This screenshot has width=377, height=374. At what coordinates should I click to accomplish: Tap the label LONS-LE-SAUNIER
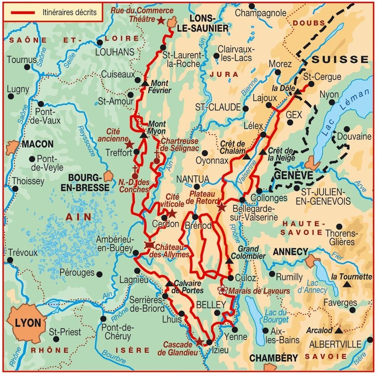208,24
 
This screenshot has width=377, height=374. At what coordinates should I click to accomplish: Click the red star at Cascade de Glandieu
199,342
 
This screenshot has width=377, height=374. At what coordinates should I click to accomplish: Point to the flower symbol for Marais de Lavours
222,290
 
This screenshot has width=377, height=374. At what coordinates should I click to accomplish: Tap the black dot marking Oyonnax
205,153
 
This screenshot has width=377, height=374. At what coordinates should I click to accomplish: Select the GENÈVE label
293,175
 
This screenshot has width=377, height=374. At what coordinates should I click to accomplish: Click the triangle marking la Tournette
346,284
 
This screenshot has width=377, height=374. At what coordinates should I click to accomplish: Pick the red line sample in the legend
23,13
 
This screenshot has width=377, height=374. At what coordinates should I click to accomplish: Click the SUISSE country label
340,60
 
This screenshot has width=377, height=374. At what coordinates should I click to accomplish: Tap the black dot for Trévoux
10,260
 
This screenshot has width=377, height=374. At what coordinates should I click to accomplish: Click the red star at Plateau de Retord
221,207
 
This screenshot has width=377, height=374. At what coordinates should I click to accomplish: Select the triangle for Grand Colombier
229,261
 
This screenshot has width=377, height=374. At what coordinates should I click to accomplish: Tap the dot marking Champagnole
252,6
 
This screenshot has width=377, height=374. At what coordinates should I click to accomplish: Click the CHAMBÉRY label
274,358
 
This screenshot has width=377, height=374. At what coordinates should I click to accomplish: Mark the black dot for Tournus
27,67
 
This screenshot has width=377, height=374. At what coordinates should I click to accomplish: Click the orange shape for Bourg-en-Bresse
108,176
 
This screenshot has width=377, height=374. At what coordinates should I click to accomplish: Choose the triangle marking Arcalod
339,330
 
